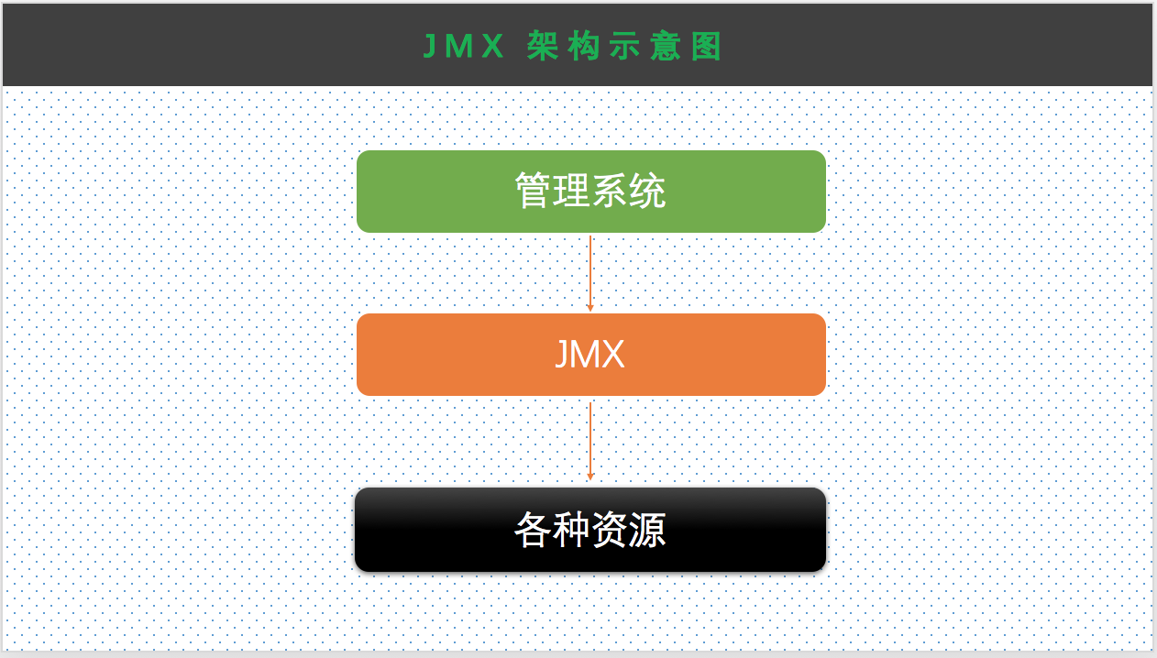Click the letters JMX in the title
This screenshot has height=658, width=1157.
[464, 47]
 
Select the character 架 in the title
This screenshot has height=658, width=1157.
[544, 47]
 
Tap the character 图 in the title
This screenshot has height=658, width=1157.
[707, 47]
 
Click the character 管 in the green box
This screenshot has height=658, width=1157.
[533, 192]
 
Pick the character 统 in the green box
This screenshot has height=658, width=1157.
[648, 192]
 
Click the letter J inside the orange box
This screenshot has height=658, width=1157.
[561, 355]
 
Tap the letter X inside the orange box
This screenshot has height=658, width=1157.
[612, 355]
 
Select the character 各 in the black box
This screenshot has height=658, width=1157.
[533, 530]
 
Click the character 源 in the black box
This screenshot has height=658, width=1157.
[648, 530]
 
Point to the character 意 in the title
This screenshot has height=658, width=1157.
[667, 47]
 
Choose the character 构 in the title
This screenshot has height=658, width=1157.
[584, 47]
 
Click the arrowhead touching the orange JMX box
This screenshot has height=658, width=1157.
[590, 308]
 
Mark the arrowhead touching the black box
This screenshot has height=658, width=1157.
[590, 476]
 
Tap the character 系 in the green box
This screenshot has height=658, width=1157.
[610, 192]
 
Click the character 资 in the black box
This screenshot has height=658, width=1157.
[610, 530]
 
